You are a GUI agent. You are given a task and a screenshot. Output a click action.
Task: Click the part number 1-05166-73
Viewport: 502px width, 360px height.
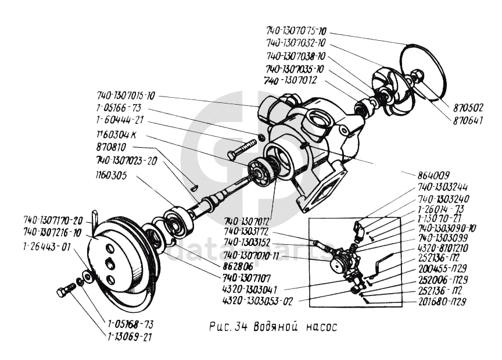point(119,109)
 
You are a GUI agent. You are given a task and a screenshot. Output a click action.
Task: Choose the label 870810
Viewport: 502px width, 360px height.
point(113,148)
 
